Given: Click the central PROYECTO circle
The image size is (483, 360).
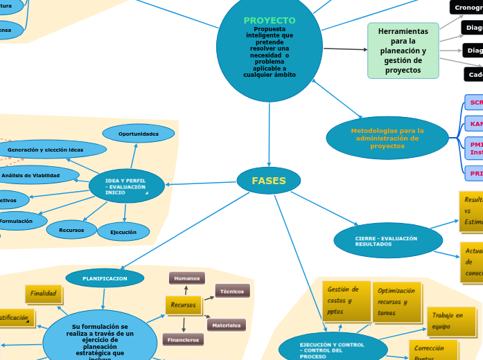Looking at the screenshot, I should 269,46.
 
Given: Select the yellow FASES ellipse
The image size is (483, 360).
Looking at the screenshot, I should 269,181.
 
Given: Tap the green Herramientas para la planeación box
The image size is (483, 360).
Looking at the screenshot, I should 403,51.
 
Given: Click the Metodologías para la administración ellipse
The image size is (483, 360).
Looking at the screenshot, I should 387,138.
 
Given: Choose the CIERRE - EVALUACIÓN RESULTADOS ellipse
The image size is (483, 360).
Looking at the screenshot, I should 387,241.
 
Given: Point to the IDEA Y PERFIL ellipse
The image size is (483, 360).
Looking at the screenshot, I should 126,186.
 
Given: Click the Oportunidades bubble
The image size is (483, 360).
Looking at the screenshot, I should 138,134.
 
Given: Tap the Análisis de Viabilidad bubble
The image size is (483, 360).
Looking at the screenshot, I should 31,175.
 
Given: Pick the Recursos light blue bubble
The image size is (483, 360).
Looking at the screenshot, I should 71,230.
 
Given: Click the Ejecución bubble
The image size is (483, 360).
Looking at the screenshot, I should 123,232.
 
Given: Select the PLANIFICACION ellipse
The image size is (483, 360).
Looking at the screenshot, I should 105,278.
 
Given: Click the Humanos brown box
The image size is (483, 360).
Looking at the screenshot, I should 186,278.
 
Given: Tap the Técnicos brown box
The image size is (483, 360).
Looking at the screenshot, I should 232,291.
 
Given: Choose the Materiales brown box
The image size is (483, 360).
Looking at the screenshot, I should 227,325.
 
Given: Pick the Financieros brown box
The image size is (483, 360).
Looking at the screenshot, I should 183,340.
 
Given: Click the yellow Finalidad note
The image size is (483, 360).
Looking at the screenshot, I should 43,294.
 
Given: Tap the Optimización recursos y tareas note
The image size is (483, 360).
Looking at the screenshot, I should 396,302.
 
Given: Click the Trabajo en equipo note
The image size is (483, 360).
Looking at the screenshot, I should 450,321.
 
